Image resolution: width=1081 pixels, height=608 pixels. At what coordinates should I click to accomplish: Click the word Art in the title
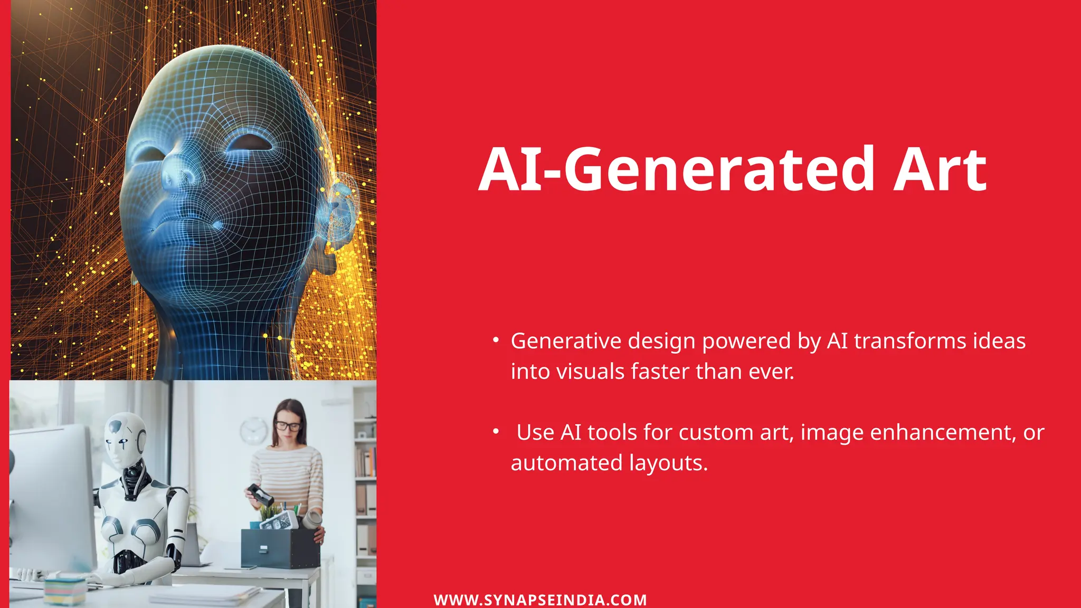tap(940, 170)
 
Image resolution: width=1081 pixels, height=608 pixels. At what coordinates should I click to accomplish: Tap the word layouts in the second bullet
tap(668, 463)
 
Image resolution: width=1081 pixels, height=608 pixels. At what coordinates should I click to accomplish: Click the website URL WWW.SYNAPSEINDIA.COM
tap(540, 600)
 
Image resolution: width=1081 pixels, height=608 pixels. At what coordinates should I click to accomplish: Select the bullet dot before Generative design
tap(496, 340)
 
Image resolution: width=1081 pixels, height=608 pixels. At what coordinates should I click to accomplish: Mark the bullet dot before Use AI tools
tap(496, 432)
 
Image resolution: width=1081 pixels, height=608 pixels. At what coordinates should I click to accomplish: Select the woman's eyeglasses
tap(288, 425)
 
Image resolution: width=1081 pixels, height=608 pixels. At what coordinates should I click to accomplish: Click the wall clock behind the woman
tap(254, 431)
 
